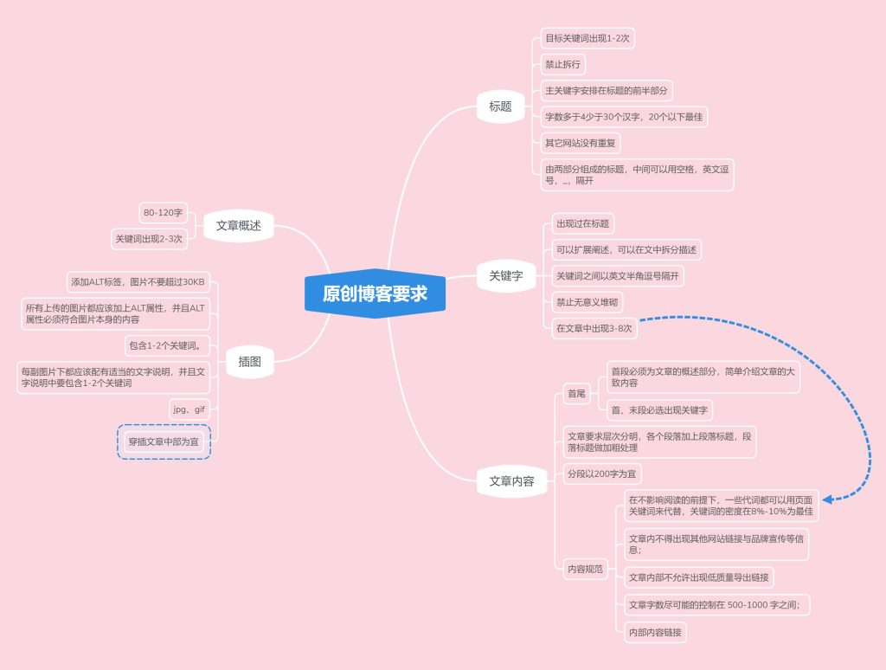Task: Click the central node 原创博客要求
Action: click(x=376, y=293)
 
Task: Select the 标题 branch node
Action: click(x=501, y=106)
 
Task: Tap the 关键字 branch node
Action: click(x=505, y=276)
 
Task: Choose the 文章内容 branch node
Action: click(x=511, y=481)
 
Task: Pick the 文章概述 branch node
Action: click(x=239, y=226)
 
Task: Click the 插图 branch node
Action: click(x=250, y=362)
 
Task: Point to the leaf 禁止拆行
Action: click(x=562, y=64)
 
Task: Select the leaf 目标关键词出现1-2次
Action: click(x=587, y=38)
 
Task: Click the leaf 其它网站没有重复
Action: click(x=581, y=143)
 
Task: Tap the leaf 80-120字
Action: click(x=163, y=213)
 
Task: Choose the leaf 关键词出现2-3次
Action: click(x=149, y=239)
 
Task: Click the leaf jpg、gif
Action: click(x=189, y=409)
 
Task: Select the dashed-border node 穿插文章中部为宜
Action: click(x=164, y=441)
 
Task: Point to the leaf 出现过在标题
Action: click(x=582, y=224)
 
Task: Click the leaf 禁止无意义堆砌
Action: click(x=587, y=302)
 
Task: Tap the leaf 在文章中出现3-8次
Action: click(x=594, y=328)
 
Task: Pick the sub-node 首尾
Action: click(x=576, y=394)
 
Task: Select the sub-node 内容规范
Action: click(x=586, y=569)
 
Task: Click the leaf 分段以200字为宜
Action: click(x=602, y=474)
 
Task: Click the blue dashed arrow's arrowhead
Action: click(x=827, y=499)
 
